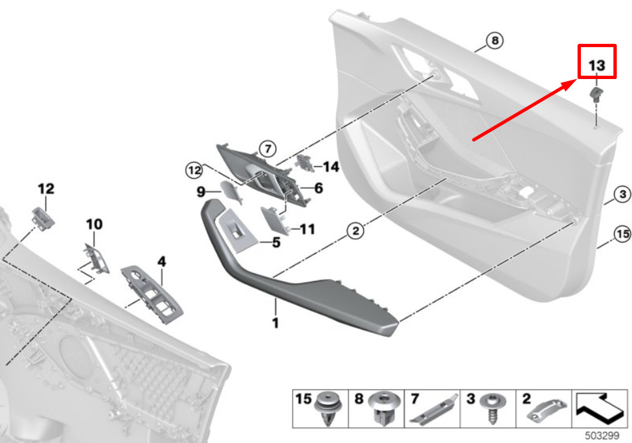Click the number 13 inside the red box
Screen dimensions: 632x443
[x=597, y=65]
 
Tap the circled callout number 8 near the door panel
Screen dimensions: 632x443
[x=495, y=41]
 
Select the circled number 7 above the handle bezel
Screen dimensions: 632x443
[x=268, y=149]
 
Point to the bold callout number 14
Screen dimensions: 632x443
[x=331, y=167]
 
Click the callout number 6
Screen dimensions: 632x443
[x=319, y=188]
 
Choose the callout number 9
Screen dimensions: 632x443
[x=200, y=191]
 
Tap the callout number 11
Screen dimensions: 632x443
[x=307, y=229]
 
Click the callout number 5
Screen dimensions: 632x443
[x=276, y=242]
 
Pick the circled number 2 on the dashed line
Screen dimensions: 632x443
[x=355, y=231]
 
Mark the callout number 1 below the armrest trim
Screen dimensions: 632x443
[x=276, y=323]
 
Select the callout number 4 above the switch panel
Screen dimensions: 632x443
[x=161, y=261]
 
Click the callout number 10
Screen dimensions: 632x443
[x=94, y=224]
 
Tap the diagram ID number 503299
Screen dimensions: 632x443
[x=601, y=436]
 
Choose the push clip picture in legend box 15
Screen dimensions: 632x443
[x=329, y=408]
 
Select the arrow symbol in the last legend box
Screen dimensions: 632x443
[x=599, y=408]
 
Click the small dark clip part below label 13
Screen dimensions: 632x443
[x=595, y=93]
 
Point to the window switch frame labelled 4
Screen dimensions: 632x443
[x=151, y=294]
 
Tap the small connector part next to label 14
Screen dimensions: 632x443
[x=305, y=163]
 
